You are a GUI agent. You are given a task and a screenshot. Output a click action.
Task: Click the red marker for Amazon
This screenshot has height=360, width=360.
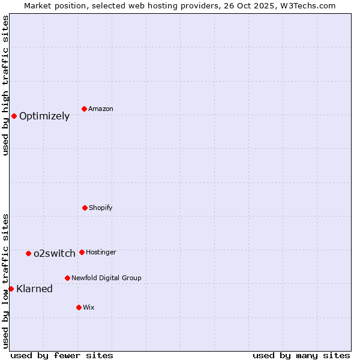(85, 109)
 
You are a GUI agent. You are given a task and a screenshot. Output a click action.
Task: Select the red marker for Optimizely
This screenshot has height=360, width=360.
(14, 116)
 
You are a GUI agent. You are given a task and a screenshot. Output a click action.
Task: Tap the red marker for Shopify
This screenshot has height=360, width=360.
(85, 208)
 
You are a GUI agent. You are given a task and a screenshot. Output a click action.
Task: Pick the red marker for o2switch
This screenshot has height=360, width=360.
(28, 253)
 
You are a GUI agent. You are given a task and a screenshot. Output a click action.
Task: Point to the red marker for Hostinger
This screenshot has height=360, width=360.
(82, 252)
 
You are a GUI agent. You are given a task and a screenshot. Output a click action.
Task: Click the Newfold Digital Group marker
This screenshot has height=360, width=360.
(67, 278)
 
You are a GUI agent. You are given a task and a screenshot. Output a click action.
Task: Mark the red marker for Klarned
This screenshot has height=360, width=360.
(11, 289)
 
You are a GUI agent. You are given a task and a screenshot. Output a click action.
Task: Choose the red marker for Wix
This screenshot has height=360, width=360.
(79, 307)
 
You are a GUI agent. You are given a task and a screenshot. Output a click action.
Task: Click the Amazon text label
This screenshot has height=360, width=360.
(101, 109)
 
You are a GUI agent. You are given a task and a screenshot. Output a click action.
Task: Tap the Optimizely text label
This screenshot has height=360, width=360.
(44, 116)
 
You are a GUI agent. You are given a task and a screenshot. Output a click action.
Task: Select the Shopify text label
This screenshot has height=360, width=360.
(101, 208)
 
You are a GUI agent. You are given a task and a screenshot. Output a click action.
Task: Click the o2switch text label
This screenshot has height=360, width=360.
(55, 254)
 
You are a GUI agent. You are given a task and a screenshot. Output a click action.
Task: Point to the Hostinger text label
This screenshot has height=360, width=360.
(101, 253)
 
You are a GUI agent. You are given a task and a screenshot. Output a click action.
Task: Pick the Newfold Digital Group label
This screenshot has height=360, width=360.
(106, 278)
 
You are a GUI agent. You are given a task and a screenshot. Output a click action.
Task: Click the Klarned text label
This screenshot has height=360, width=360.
(35, 289)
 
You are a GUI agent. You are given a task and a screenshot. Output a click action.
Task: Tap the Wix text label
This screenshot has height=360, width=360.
(89, 308)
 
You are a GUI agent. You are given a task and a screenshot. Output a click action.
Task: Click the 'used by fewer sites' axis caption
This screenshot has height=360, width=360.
(62, 355)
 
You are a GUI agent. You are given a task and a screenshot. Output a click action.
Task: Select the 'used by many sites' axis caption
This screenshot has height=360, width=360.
(301, 355)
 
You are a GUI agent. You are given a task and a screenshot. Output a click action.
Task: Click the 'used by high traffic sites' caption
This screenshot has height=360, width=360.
(6, 85)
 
